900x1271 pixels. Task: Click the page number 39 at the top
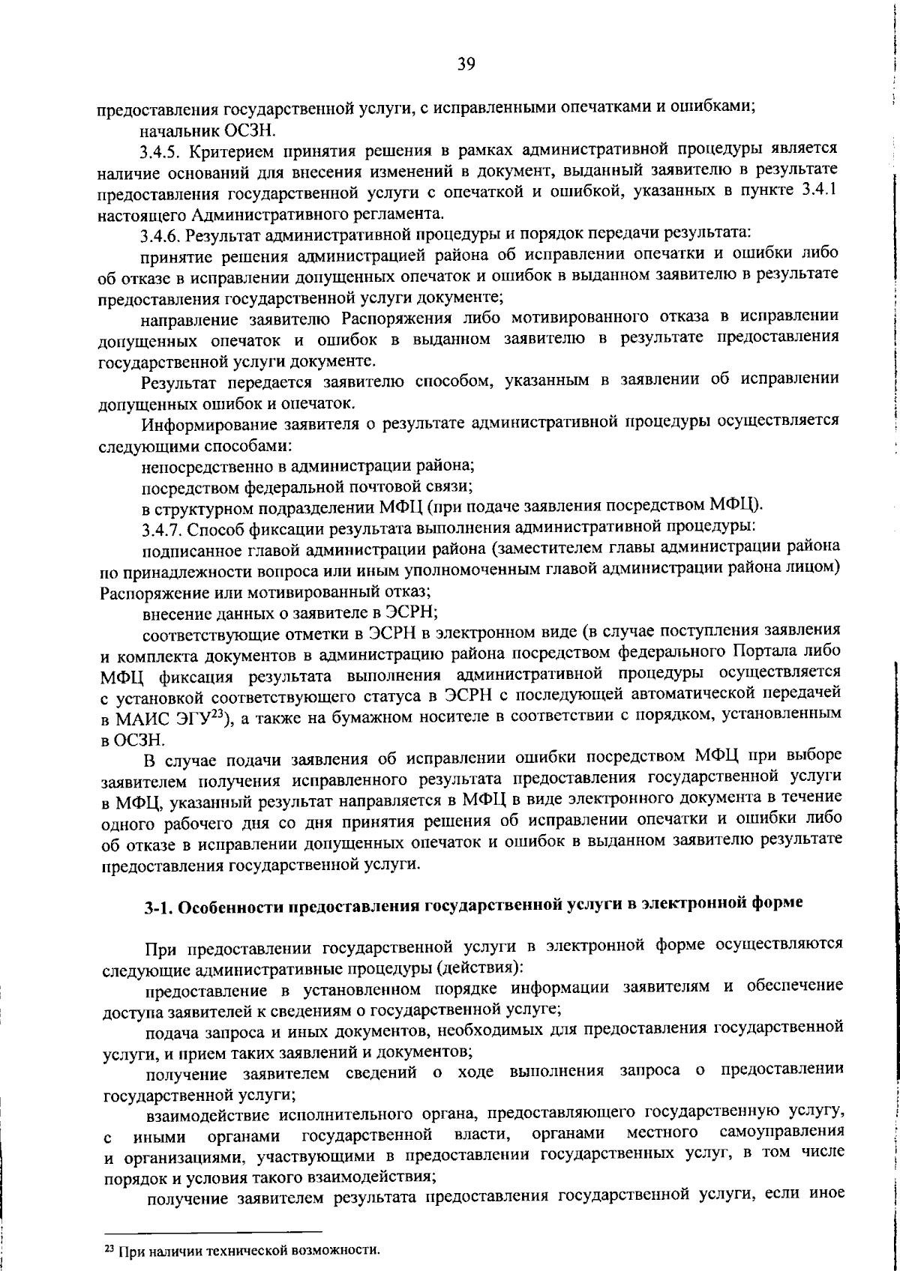(466, 64)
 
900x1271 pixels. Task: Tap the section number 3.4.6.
(161, 238)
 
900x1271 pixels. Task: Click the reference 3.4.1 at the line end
(819, 194)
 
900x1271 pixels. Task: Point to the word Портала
(763, 650)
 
